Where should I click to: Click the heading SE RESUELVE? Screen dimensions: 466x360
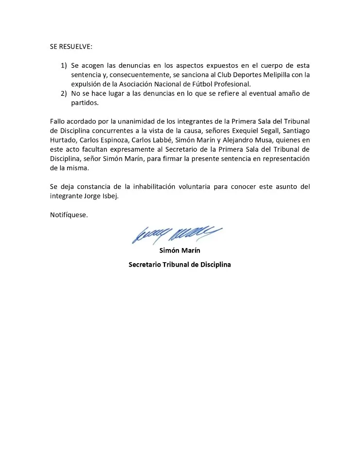point(71,46)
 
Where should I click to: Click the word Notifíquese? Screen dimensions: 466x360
point(69,215)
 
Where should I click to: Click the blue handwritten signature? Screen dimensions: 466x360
point(176,234)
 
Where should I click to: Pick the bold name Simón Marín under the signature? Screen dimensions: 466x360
point(180,251)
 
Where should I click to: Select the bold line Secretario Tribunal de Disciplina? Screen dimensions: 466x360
point(180,265)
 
